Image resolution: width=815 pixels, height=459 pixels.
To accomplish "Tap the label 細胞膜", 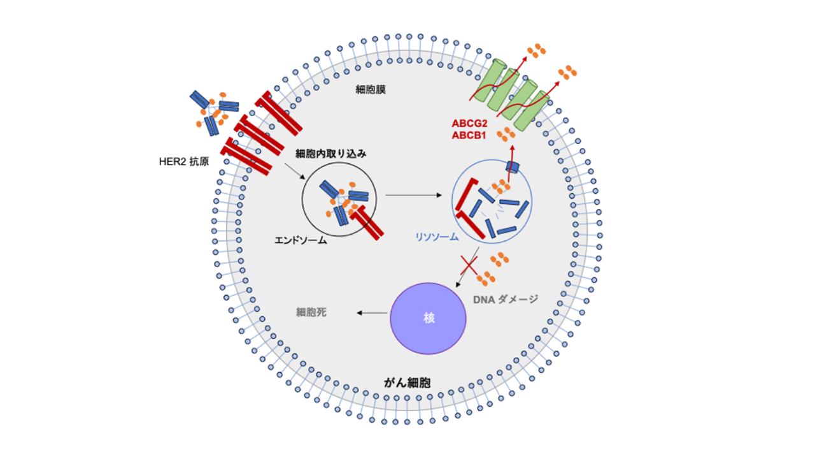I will [x=371, y=90].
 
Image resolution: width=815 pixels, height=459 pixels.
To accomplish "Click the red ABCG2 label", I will [x=469, y=123].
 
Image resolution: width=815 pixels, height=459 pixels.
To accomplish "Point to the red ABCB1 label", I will [x=469, y=135].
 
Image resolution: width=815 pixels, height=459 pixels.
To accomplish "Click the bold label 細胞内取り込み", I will [x=331, y=154].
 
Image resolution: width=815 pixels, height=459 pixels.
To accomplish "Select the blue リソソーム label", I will [x=436, y=237].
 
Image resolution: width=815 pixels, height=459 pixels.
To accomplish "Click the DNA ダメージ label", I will [x=506, y=298].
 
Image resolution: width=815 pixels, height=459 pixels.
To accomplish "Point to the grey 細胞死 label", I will [x=311, y=312].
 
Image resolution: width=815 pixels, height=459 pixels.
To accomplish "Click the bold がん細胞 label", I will [x=407, y=382].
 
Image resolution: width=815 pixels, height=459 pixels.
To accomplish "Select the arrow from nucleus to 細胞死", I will [x=372, y=312].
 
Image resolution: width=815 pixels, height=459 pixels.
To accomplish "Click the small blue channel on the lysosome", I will [x=513, y=166].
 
